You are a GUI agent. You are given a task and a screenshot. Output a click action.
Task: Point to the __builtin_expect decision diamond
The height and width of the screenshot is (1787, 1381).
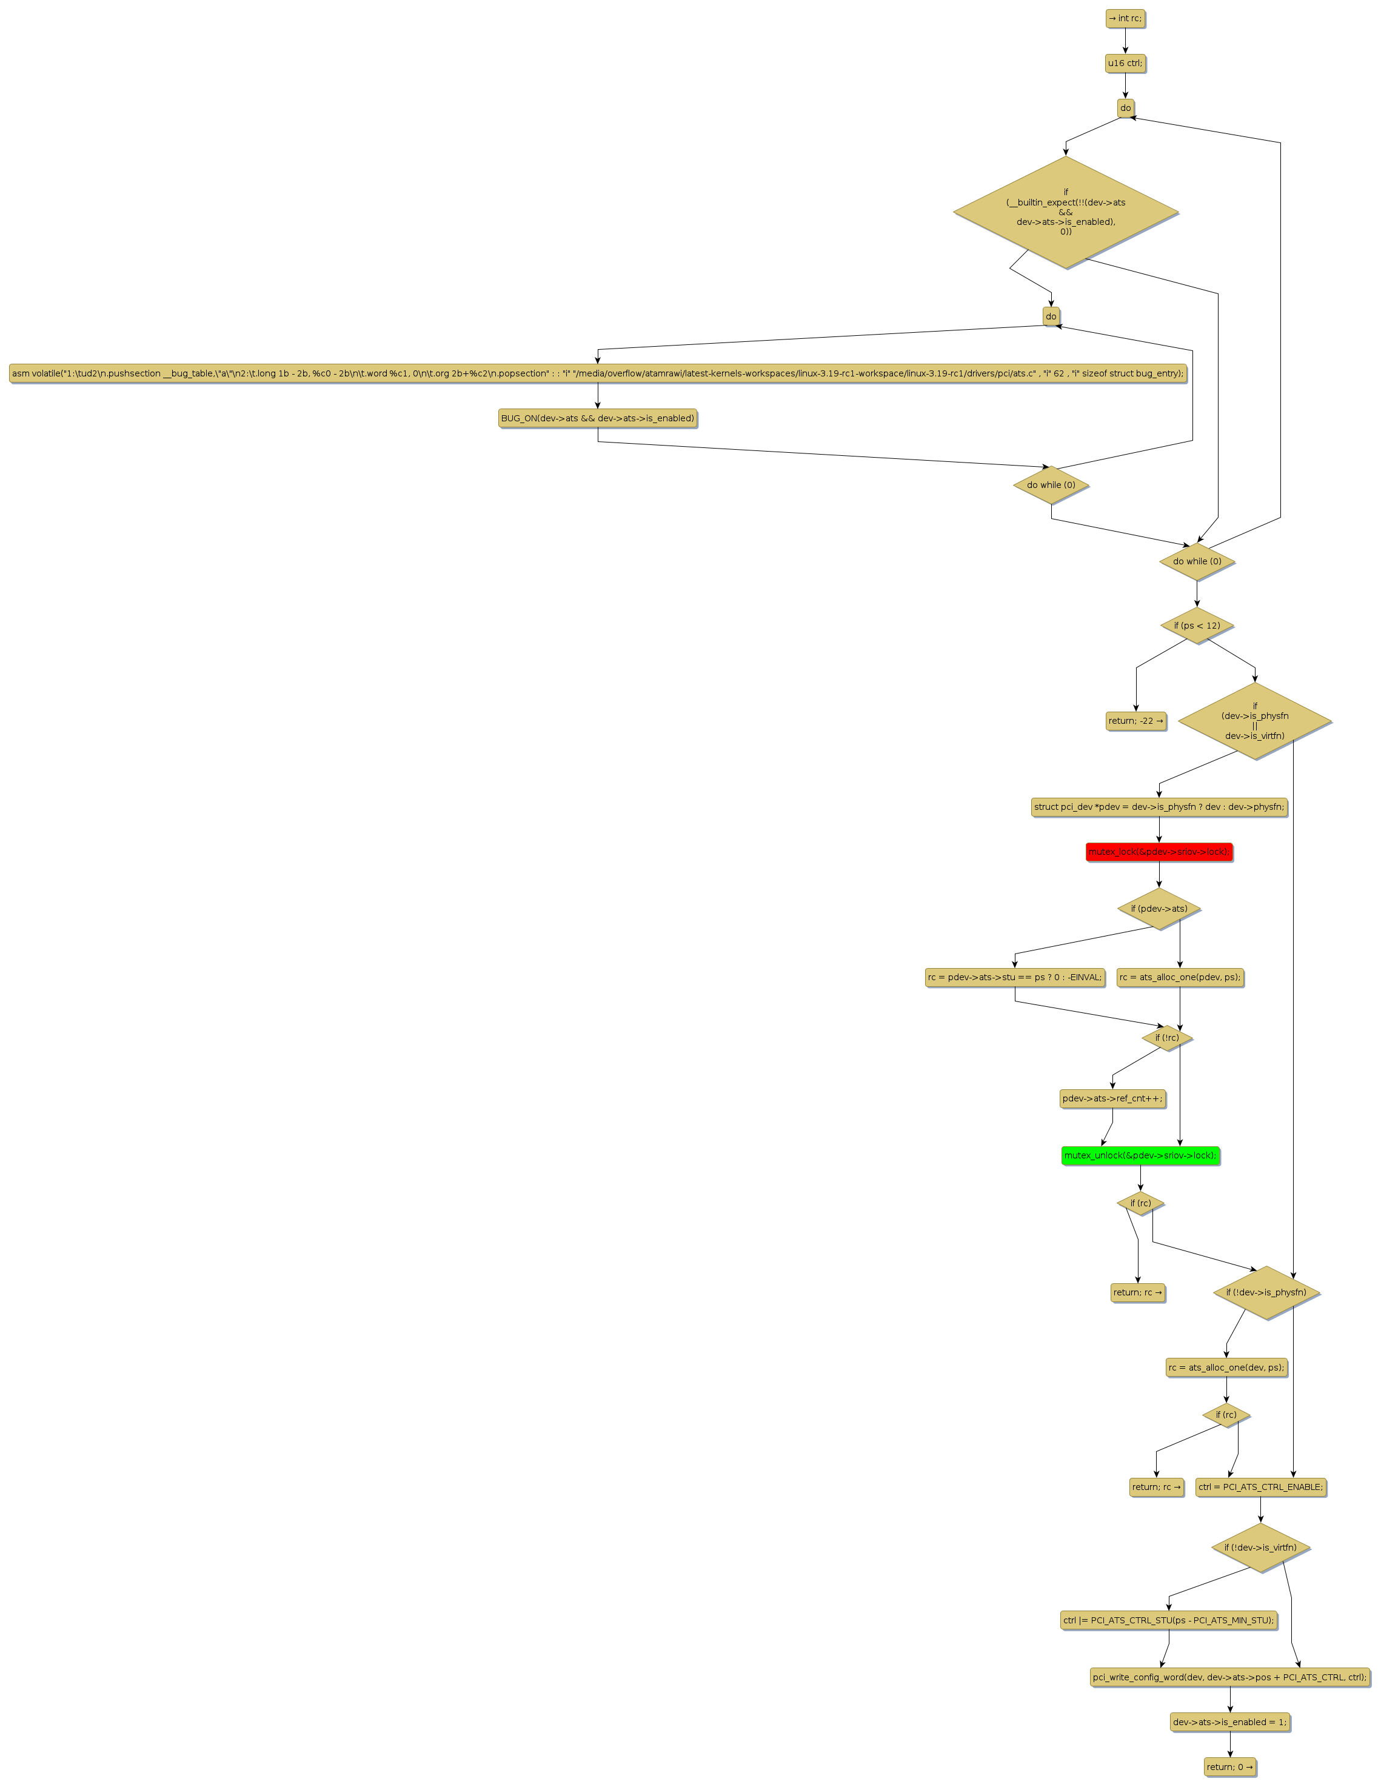(1065, 212)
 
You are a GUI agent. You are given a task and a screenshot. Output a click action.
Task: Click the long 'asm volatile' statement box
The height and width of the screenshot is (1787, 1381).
(597, 373)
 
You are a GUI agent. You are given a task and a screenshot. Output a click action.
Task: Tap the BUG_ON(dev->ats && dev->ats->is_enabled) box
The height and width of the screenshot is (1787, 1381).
(597, 418)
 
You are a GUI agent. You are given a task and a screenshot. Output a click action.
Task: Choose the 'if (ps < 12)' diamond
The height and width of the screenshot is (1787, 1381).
(1196, 625)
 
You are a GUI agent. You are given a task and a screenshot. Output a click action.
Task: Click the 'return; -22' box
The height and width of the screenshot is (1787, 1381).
(1135, 721)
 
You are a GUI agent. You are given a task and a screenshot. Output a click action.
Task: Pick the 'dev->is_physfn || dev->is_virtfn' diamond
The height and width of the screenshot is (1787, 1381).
(1254, 721)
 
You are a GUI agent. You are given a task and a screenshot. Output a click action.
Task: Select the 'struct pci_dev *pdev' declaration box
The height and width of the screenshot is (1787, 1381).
(1159, 807)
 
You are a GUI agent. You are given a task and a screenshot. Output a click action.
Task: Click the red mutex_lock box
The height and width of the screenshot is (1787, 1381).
(1159, 852)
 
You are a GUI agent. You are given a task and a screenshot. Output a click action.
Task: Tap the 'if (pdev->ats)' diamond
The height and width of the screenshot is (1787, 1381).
(1159, 908)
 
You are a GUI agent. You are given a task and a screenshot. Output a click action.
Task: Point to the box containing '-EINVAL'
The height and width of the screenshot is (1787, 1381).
(1014, 977)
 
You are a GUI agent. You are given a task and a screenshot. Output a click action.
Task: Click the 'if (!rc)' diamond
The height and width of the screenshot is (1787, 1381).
(1166, 1038)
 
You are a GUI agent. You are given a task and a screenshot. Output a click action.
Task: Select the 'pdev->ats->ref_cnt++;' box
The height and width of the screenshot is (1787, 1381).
(1112, 1098)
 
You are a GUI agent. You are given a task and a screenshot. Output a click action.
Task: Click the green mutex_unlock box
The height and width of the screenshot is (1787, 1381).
(1140, 1155)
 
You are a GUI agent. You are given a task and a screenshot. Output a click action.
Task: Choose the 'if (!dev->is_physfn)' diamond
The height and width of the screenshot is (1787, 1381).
(1266, 1292)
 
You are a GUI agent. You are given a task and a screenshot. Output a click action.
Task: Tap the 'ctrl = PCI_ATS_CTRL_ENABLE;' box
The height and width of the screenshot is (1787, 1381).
(1260, 1487)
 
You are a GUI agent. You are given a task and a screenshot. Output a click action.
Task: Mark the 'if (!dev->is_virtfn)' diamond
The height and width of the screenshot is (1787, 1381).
(1260, 1548)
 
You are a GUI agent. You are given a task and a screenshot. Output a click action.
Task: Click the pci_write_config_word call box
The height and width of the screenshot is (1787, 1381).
(1229, 1677)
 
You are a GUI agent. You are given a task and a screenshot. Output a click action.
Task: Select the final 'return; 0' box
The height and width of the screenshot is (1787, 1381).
(1229, 1766)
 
